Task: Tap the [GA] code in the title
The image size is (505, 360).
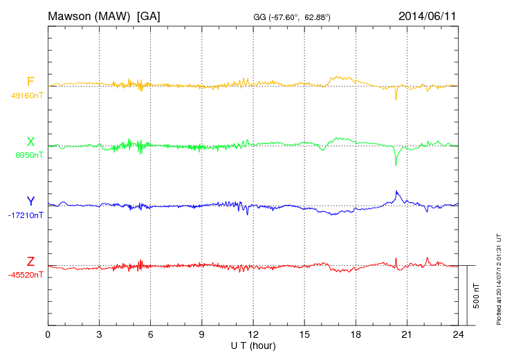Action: [149, 15]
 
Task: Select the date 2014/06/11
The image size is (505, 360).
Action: [427, 15]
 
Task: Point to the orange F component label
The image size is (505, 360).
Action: [30, 82]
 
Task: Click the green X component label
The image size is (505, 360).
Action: [30, 143]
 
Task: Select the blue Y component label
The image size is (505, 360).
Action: [30, 201]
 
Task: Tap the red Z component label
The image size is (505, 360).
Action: [30, 262]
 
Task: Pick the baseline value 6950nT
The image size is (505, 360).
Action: [29, 156]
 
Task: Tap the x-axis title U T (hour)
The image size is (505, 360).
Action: [253, 345]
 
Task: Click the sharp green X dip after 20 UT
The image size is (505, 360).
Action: [396, 164]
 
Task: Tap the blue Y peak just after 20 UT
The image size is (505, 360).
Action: [396, 191]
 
